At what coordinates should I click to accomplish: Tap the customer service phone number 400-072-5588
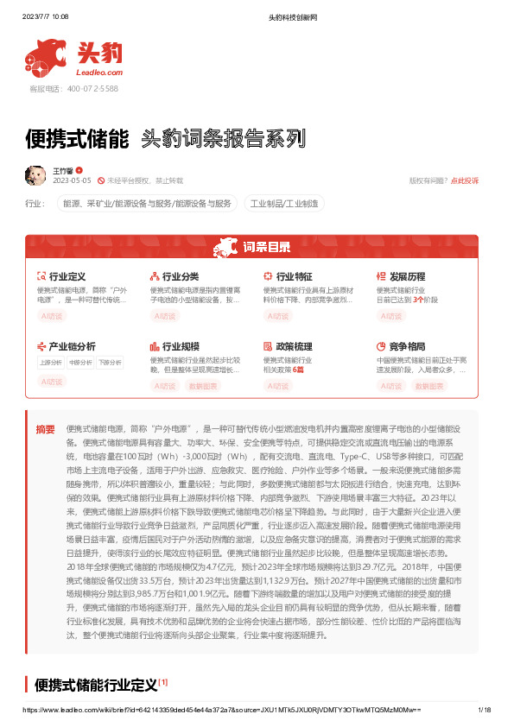(86, 89)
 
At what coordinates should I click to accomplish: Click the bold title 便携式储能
(78, 137)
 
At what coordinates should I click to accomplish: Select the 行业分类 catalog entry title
(180, 276)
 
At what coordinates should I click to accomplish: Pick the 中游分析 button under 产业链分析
(79, 363)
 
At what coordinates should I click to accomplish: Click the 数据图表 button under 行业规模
(204, 386)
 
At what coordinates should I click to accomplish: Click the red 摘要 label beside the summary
(45, 429)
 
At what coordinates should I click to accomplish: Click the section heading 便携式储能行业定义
(96, 686)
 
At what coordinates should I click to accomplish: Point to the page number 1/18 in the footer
(485, 710)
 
